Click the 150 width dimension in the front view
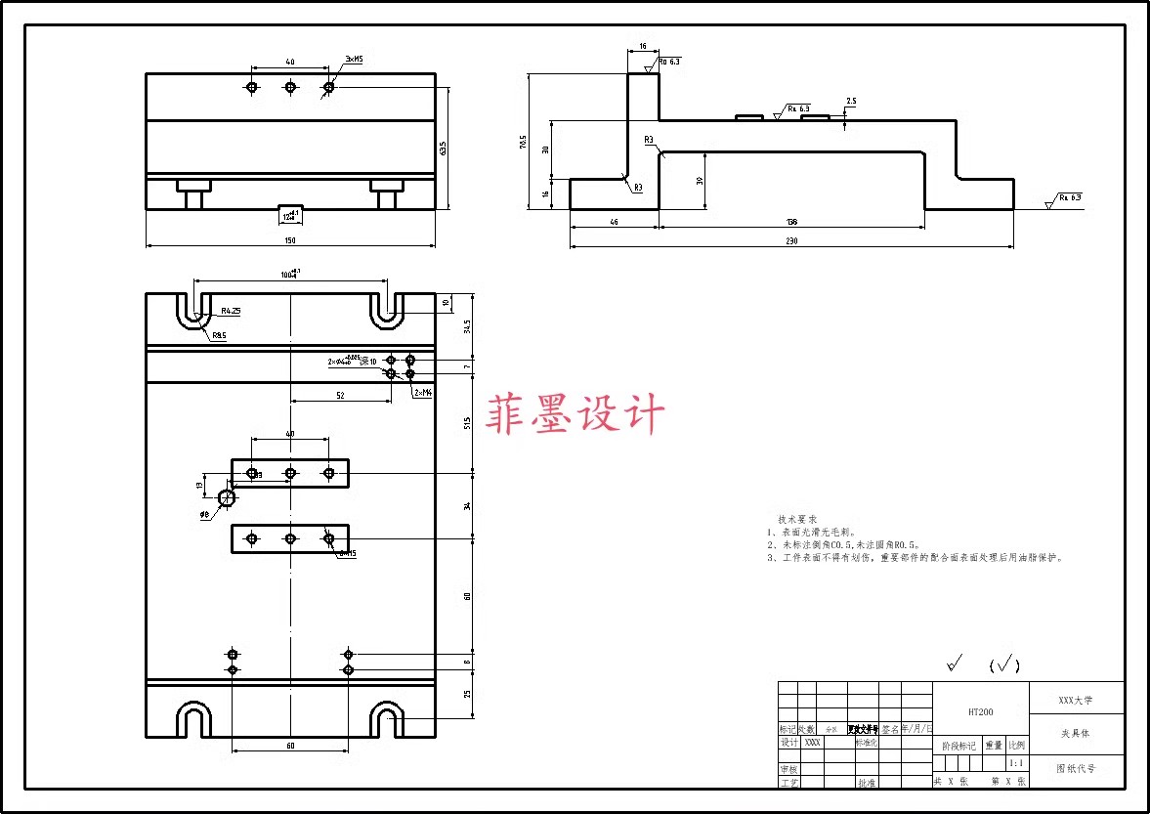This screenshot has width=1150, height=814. coord(290,240)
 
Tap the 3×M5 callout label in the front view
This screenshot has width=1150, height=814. coord(354,60)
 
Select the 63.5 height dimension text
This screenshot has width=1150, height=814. coord(443,149)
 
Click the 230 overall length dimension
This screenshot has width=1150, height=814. coord(791,240)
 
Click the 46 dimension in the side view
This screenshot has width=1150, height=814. coord(614,222)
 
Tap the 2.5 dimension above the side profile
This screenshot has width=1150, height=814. coord(851,102)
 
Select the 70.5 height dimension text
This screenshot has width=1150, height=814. coord(523,143)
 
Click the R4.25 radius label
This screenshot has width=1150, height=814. coord(231,311)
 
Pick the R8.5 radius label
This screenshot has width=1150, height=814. coord(219,335)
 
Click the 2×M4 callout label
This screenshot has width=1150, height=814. coord(423,392)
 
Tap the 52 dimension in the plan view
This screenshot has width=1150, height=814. coord(340,396)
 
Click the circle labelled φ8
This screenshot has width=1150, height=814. coord(228,498)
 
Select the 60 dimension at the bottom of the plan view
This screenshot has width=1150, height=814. coord(290,746)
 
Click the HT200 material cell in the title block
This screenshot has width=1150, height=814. coord(980,712)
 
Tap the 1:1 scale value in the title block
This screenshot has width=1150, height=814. coord(1016,763)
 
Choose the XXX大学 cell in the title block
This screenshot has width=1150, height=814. coord(1076,700)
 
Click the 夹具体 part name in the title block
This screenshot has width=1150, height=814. coord(1075,733)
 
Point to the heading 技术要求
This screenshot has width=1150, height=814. coord(797,519)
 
